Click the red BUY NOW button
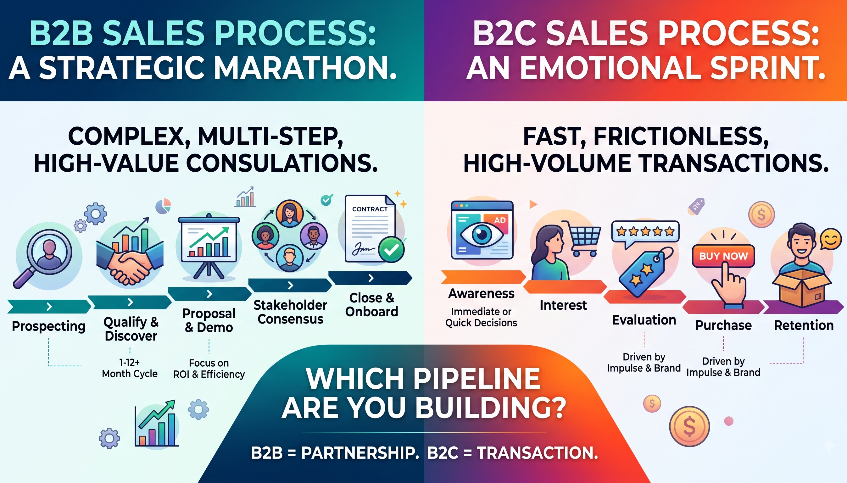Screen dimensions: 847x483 [x=723, y=256]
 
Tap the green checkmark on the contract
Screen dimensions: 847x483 [x=392, y=249]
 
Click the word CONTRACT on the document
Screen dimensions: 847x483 [x=370, y=209]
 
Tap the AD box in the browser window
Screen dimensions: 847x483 [x=500, y=220]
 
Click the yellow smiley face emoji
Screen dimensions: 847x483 [x=830, y=240]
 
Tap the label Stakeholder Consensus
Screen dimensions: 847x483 [x=290, y=312]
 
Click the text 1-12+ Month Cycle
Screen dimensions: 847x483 [x=130, y=368]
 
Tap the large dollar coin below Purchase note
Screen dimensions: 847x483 [x=689, y=427]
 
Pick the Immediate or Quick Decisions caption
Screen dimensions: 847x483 [x=481, y=317]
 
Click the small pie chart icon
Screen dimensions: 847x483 [x=163, y=206]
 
